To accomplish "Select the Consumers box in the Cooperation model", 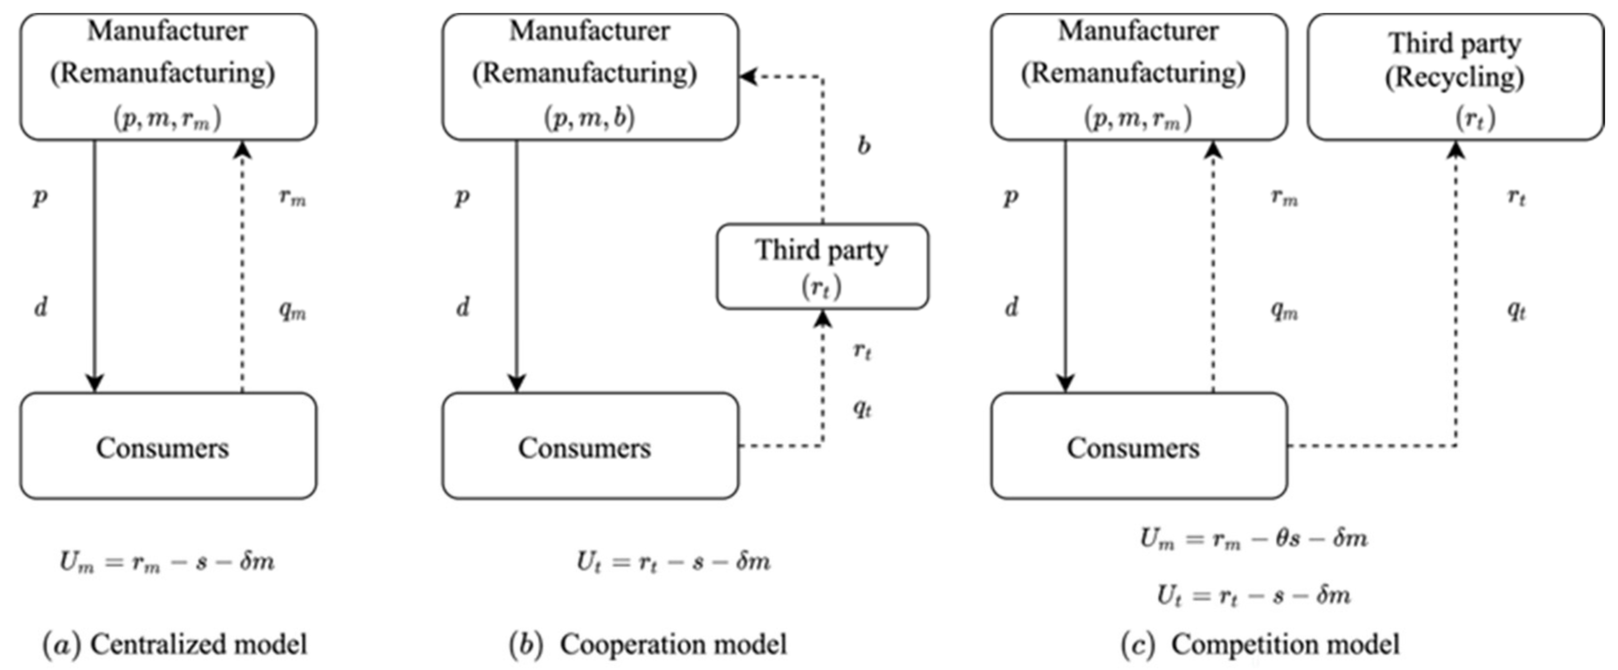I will tap(590, 446).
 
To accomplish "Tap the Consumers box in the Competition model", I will tap(1139, 446).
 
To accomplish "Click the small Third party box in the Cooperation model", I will tap(822, 266).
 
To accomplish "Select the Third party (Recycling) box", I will tap(1455, 76).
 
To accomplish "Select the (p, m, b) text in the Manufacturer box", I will tap(589, 117).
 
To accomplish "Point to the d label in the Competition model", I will tap(1011, 307).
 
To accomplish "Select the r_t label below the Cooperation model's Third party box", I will tap(862, 350).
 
